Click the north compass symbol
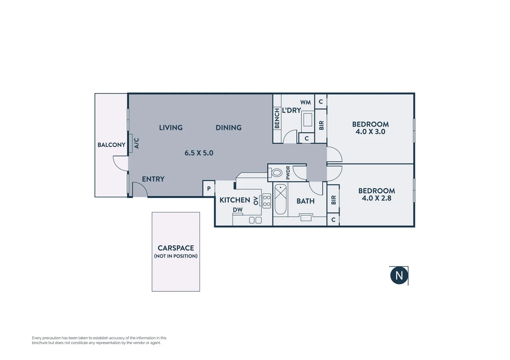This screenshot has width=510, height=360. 399,275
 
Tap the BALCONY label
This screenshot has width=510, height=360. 111,145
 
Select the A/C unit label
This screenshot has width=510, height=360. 136,143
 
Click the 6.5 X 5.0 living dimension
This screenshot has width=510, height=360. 199,153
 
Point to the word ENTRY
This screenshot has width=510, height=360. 153,179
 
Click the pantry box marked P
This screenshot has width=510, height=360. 209,189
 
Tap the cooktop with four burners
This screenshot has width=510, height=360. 267,201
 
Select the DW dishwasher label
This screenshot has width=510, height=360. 237,210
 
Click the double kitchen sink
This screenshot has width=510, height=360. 255,220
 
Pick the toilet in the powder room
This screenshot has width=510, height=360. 276,173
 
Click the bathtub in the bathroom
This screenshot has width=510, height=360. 281,199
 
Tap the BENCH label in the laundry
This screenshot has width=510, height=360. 277,118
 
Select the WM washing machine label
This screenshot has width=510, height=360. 305,102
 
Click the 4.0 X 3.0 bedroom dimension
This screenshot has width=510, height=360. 370,132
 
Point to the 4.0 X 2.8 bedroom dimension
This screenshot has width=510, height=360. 376,198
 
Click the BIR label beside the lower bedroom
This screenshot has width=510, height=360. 333,200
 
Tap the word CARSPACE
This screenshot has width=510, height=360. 176,248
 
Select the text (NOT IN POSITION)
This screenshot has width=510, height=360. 176,256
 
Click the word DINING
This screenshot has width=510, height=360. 228,128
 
